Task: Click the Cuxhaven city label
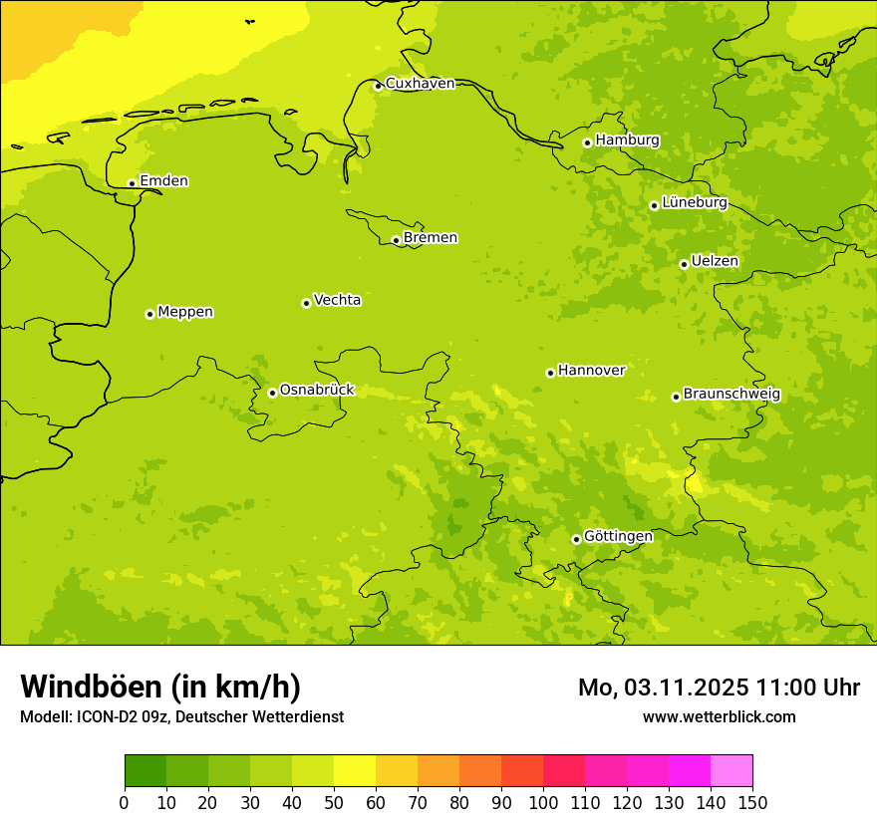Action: pyautogui.click(x=420, y=84)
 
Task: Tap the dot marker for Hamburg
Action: pyautogui.click(x=588, y=142)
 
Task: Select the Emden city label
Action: pyautogui.click(x=163, y=181)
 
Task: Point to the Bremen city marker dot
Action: pyautogui.click(x=396, y=240)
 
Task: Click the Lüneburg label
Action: pyautogui.click(x=694, y=203)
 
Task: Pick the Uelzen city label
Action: pyautogui.click(x=715, y=262)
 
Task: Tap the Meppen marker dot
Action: pyautogui.click(x=149, y=314)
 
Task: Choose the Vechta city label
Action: pyautogui.click(x=337, y=300)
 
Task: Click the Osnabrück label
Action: pyautogui.click(x=317, y=391)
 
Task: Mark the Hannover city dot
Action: pyautogui.click(x=550, y=373)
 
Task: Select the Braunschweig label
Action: pyautogui.click(x=731, y=395)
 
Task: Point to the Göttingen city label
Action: pyautogui.click(x=618, y=537)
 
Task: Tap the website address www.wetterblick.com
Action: pyautogui.click(x=719, y=717)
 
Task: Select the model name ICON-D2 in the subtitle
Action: pyautogui.click(x=112, y=717)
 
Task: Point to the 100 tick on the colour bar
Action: pyautogui.click(x=543, y=802)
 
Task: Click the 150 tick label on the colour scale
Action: pyautogui.click(x=752, y=802)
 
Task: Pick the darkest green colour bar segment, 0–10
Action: pyautogui.click(x=146, y=771)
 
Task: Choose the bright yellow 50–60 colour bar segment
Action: pyautogui.click(x=355, y=771)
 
